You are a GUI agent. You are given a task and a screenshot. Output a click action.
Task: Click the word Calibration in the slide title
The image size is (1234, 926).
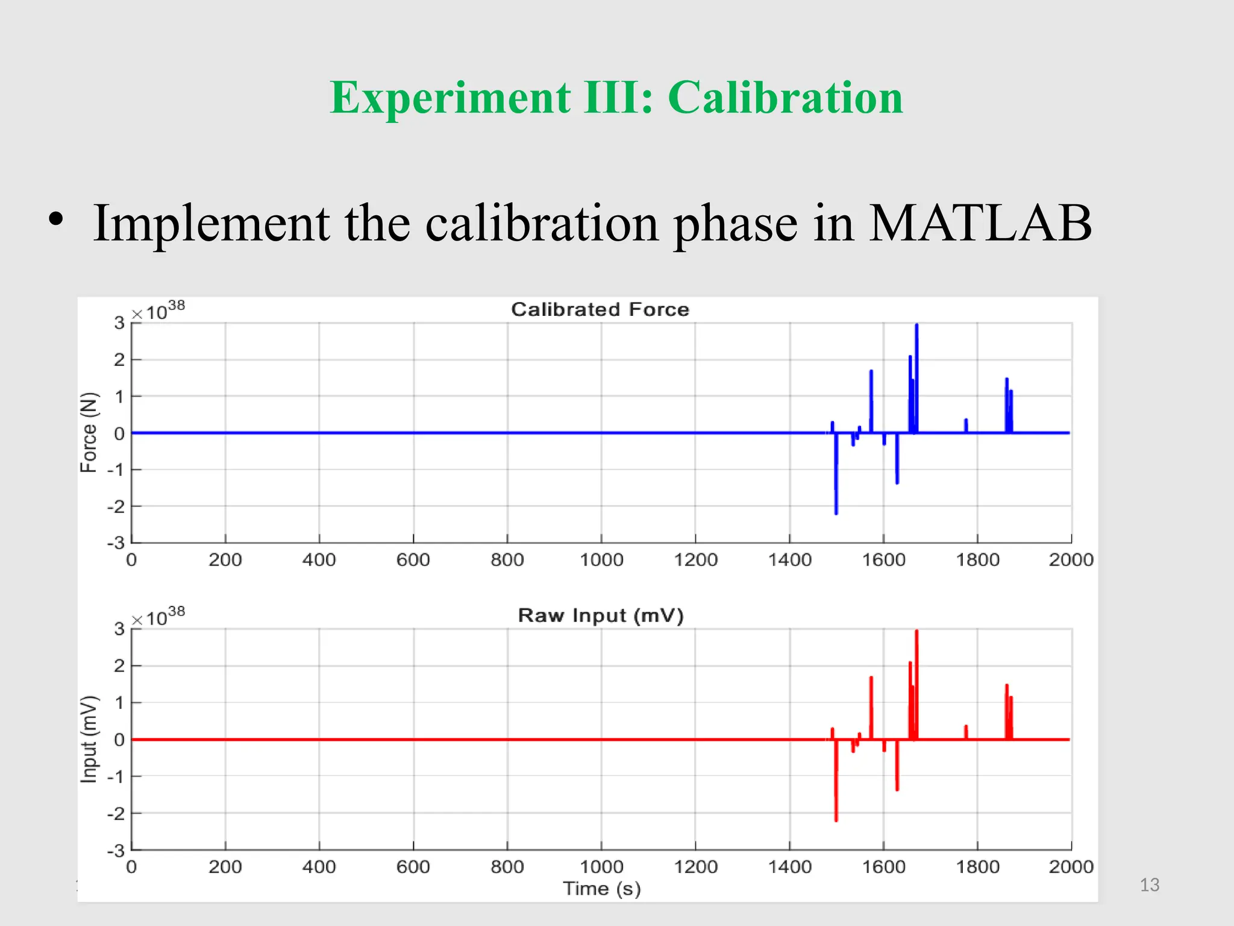click(x=785, y=98)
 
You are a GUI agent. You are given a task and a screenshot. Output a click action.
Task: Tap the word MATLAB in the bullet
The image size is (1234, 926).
click(x=980, y=223)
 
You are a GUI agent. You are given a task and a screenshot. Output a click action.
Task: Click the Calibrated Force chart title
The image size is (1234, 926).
click(x=600, y=309)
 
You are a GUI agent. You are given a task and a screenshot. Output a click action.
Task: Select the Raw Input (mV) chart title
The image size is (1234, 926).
click(x=601, y=616)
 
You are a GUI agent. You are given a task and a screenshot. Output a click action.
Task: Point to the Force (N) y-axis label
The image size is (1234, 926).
click(x=89, y=432)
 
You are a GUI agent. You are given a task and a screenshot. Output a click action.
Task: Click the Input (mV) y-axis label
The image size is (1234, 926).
click(x=89, y=739)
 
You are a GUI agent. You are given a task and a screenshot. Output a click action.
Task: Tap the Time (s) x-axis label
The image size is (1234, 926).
click(x=601, y=889)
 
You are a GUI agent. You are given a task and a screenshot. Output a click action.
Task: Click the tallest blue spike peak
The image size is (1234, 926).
click(x=916, y=326)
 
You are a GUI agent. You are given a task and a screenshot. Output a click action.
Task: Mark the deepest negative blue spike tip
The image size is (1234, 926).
click(x=836, y=512)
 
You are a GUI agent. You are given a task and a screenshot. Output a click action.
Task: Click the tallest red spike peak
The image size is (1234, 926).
click(x=916, y=632)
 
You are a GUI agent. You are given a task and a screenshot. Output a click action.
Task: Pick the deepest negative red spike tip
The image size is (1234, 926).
click(x=836, y=819)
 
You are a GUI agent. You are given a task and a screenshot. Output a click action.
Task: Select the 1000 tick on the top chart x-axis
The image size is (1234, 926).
click(x=601, y=560)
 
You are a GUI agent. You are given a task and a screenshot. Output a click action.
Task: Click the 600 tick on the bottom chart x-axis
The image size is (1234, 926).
click(x=413, y=867)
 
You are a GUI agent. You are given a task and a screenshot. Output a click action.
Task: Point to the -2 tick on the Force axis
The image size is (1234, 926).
click(x=116, y=506)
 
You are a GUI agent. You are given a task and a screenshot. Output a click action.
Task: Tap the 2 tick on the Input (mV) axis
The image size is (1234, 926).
click(x=119, y=666)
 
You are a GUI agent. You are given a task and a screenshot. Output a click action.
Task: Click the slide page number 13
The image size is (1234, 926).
click(x=1149, y=884)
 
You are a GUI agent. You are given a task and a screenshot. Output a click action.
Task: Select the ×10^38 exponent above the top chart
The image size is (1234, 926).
click(x=158, y=311)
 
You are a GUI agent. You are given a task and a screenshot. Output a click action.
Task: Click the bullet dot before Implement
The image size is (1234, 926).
click(x=56, y=220)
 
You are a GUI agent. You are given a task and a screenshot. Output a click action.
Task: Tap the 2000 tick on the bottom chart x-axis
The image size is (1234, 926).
click(x=1071, y=867)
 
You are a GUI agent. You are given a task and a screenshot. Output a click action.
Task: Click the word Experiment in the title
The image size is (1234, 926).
click(x=449, y=98)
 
